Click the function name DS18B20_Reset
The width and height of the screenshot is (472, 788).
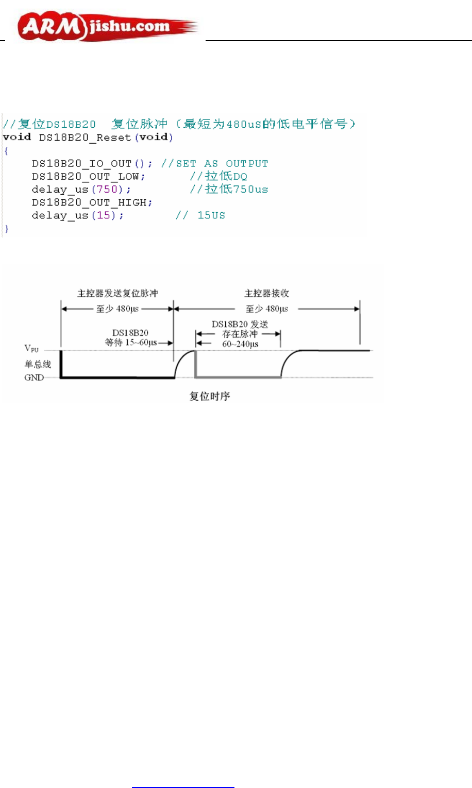[x=85, y=138]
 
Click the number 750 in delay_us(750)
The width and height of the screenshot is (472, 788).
[x=107, y=190]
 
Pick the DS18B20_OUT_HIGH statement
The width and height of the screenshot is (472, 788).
[x=92, y=202]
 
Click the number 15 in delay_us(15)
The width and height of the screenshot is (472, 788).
[x=104, y=215]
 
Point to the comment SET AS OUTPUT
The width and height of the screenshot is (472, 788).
[x=222, y=164]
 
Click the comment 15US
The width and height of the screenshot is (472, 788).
[x=211, y=215]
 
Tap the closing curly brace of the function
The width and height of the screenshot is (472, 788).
[x=6, y=228]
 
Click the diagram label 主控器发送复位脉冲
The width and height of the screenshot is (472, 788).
[x=117, y=294]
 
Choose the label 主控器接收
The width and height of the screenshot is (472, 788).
[x=266, y=294]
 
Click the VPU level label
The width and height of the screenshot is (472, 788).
[x=31, y=349]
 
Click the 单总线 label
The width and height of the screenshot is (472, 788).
[x=38, y=364]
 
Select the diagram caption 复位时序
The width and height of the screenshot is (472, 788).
[x=210, y=396]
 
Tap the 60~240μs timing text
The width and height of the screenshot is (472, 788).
[x=240, y=344]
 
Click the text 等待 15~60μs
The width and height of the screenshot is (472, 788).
[x=131, y=342]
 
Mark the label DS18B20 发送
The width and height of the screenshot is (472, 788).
[x=240, y=324]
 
